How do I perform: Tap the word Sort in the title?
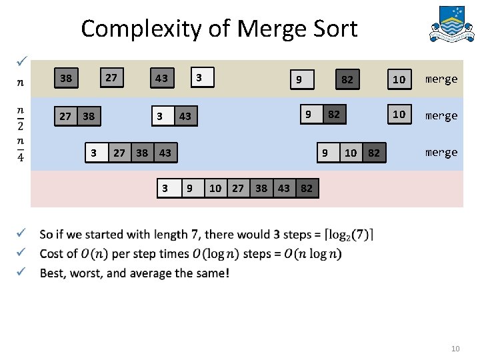click(x=331, y=29)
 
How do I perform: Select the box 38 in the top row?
click(x=66, y=79)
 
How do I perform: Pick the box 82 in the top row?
click(x=347, y=80)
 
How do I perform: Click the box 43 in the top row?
click(x=161, y=79)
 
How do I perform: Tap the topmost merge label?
click(x=441, y=79)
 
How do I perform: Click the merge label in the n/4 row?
click(x=441, y=152)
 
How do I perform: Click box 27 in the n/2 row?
click(x=65, y=117)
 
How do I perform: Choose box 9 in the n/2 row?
click(x=309, y=114)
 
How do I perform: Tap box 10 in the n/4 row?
click(x=351, y=153)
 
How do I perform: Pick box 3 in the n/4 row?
click(x=94, y=153)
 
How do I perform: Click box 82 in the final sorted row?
click(x=307, y=189)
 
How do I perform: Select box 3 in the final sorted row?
click(x=165, y=189)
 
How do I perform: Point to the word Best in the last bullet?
click(x=53, y=273)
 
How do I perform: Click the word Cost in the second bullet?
click(x=53, y=254)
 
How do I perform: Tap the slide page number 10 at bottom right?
click(x=456, y=349)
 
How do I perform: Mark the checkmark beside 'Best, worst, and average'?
click(x=22, y=272)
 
